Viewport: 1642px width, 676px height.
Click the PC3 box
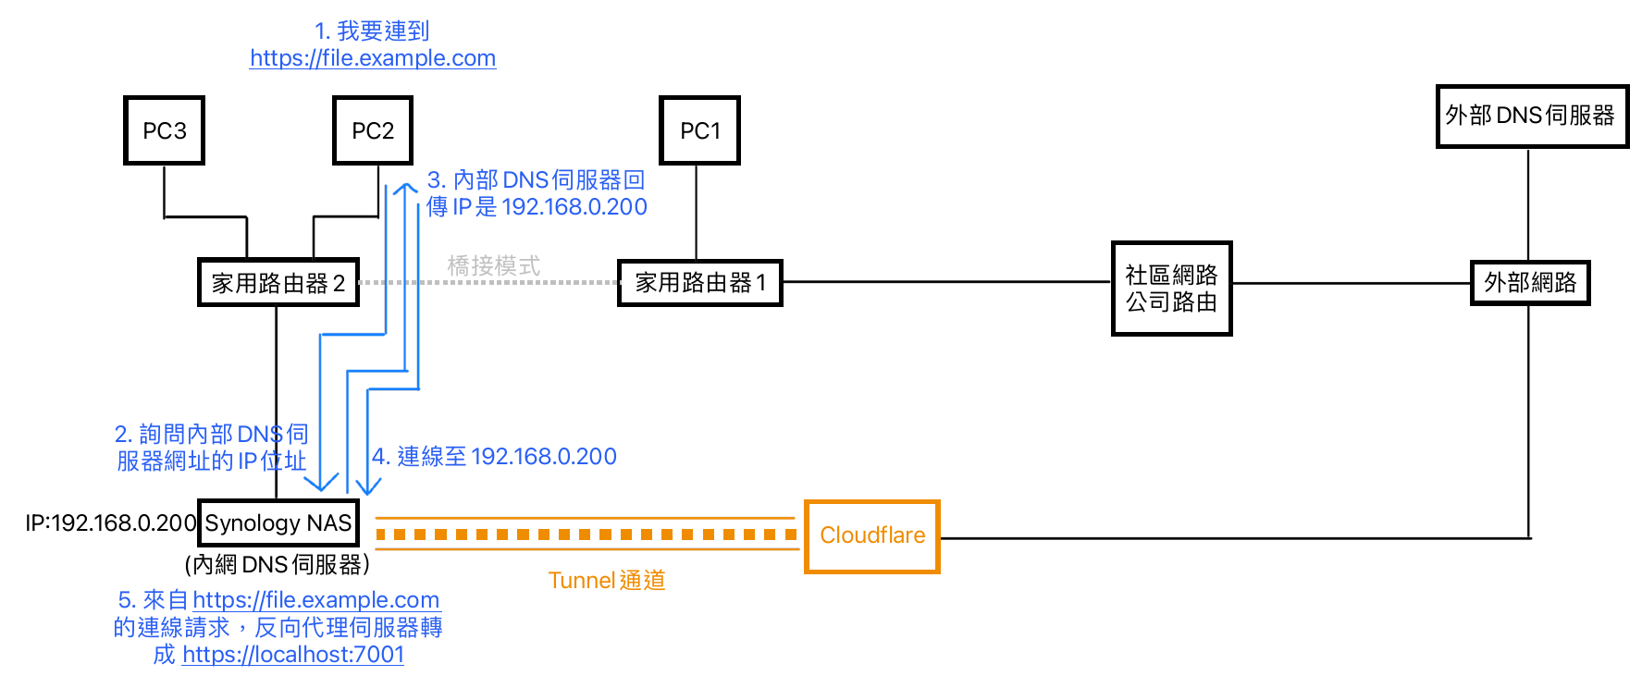click(x=164, y=130)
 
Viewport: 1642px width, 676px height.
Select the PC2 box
click(x=373, y=130)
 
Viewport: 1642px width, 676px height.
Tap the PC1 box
click(x=699, y=130)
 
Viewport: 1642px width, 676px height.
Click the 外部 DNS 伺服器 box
click(x=1531, y=116)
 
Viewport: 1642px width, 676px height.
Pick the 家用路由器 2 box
click(x=278, y=283)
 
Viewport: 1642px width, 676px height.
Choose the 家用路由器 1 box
click(x=699, y=283)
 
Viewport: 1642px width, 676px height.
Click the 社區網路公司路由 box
click(x=1171, y=289)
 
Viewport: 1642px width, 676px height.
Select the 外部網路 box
click(x=1530, y=283)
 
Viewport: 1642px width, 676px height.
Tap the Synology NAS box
click(x=278, y=523)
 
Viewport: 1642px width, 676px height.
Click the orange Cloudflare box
click(x=871, y=536)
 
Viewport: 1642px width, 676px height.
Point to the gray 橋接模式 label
click(x=493, y=266)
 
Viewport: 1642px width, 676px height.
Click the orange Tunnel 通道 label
click(x=606, y=581)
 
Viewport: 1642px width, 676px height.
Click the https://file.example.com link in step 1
click(x=373, y=58)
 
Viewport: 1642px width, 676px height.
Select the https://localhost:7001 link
click(x=293, y=655)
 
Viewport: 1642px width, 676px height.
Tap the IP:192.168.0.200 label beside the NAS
click(x=110, y=523)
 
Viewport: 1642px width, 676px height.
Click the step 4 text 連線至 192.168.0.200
click(x=495, y=457)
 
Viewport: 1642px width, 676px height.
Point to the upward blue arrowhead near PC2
click(x=405, y=189)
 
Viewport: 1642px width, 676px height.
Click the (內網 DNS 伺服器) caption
click(x=277, y=565)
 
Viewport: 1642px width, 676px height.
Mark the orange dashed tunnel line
click(x=586, y=535)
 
